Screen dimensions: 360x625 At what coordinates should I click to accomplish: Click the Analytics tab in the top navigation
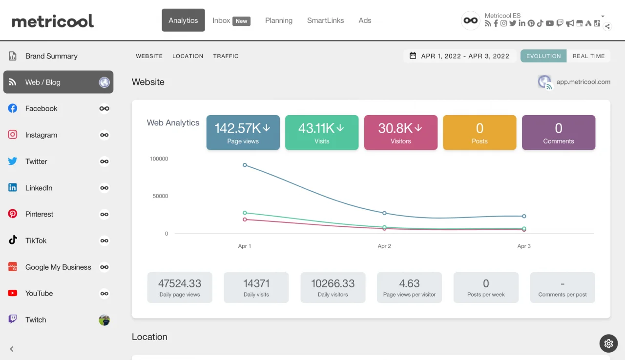183,20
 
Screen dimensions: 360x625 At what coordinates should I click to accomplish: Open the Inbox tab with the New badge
231,20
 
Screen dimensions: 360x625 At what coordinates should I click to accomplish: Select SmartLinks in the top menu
325,20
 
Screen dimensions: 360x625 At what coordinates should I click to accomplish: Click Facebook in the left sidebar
42,109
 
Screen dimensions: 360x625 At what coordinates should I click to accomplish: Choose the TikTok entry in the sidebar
36,240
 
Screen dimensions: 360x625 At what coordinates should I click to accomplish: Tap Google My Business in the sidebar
58,267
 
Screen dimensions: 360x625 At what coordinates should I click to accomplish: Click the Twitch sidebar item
36,320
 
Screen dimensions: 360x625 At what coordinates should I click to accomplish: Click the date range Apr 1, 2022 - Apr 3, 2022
459,56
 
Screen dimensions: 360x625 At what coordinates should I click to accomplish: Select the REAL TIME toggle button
588,56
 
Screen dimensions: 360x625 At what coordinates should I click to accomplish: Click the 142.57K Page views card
243,132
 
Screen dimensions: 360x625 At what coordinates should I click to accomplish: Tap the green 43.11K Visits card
321,132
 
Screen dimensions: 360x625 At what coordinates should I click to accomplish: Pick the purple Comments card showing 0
558,132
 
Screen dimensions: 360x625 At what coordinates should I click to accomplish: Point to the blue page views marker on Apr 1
245,165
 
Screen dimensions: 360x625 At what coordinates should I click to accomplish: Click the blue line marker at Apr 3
524,216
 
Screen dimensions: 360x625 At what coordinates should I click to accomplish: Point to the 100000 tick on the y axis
159,159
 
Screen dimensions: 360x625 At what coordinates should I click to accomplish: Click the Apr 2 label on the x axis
384,246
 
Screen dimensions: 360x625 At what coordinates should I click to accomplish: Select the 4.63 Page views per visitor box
409,287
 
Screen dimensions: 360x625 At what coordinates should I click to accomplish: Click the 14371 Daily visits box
256,287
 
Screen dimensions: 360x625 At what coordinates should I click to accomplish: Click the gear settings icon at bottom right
608,343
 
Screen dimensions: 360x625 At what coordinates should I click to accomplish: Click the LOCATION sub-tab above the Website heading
187,56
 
